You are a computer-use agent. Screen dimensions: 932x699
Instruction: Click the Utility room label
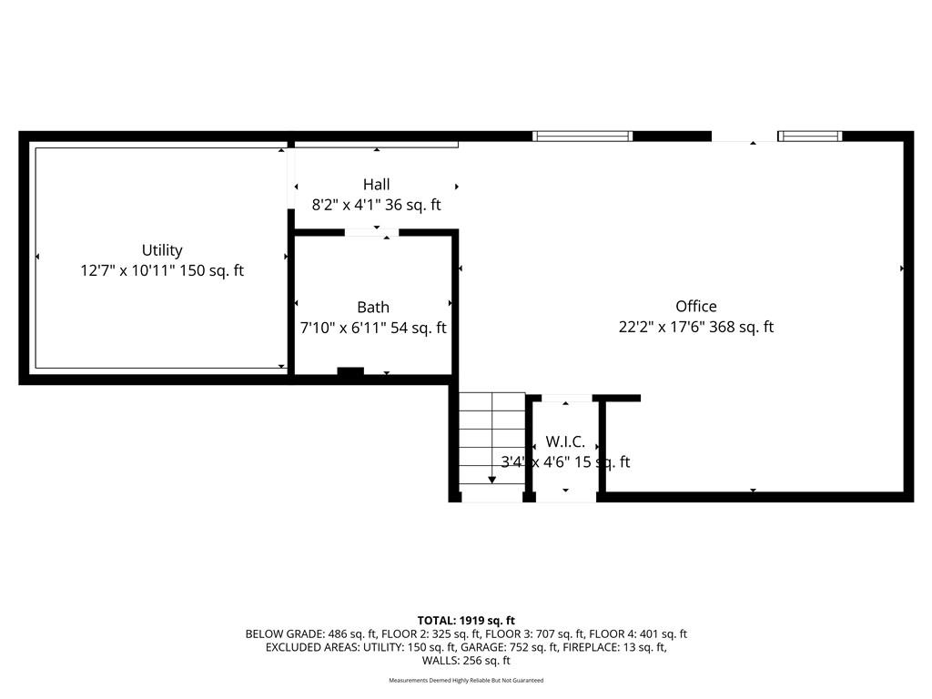(162, 251)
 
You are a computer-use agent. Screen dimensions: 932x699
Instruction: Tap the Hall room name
(376, 184)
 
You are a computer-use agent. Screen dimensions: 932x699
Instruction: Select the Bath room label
(373, 308)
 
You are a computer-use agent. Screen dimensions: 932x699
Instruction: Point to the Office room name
(696, 306)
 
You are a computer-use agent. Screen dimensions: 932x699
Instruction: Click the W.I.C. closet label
(565, 441)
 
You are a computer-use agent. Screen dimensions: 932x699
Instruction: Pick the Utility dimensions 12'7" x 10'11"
(127, 270)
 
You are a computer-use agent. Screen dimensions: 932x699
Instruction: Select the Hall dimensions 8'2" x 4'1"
(347, 205)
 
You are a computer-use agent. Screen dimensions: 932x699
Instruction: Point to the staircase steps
(492, 438)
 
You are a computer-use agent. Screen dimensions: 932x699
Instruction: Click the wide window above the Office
(582, 137)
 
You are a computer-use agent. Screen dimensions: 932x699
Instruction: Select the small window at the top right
(810, 137)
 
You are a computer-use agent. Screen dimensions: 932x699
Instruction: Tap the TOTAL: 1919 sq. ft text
(466, 621)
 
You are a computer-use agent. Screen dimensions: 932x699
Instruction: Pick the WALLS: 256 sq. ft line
(466, 661)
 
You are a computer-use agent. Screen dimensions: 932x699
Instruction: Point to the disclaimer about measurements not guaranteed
(466, 680)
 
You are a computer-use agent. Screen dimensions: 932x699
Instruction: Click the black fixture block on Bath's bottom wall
(350, 371)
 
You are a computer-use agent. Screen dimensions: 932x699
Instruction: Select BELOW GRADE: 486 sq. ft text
(311, 634)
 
